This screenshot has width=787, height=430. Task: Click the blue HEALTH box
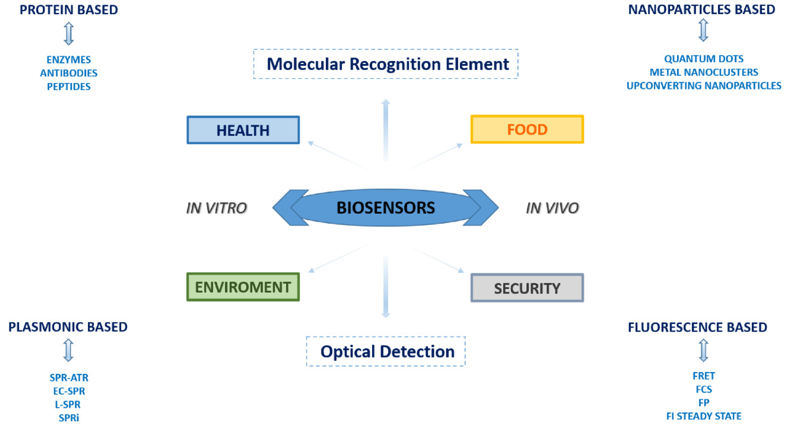pyautogui.click(x=243, y=130)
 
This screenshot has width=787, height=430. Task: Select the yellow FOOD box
pyautogui.click(x=527, y=129)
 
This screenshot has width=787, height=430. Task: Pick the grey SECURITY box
pyautogui.click(x=527, y=288)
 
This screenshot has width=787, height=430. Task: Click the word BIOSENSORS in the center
pyautogui.click(x=386, y=208)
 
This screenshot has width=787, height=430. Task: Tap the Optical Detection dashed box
pyautogui.click(x=386, y=351)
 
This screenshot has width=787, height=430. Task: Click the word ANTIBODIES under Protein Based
pyautogui.click(x=69, y=73)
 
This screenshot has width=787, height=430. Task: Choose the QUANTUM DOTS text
pyautogui.click(x=704, y=59)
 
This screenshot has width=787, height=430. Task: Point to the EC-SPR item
pyautogui.click(x=69, y=391)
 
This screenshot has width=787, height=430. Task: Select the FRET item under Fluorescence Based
pyautogui.click(x=704, y=376)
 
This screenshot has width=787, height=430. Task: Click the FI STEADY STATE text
pyautogui.click(x=704, y=416)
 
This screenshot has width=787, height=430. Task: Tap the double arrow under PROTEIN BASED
pyautogui.click(x=69, y=33)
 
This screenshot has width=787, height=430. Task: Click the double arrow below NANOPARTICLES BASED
pyautogui.click(x=703, y=30)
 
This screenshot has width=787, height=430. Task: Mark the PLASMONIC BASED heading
pyautogui.click(x=68, y=327)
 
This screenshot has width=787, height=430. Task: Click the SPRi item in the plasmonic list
pyautogui.click(x=69, y=418)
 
